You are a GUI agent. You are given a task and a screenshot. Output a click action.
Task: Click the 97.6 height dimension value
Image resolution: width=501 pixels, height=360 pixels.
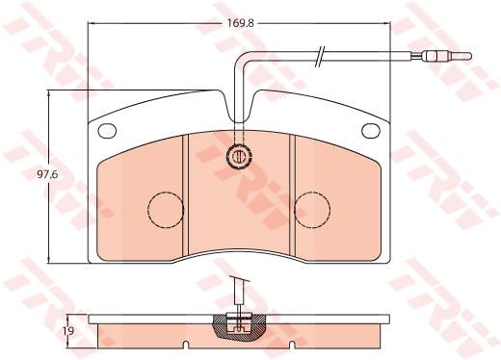coord(47,174)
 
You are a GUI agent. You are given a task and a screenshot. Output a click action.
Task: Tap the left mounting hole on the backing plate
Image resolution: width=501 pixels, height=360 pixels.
coord(107,130)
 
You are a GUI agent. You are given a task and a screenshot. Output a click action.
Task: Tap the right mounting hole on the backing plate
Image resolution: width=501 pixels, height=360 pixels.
coord(371,130)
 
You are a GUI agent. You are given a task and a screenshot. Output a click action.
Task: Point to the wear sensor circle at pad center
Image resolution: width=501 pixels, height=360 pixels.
coord(239,156)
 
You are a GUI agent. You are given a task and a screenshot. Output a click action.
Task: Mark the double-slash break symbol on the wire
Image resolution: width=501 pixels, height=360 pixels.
coord(320,57)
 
